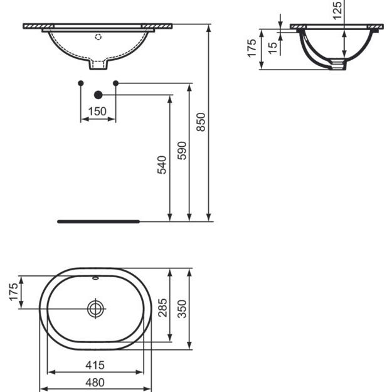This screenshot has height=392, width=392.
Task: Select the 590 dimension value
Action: pos(182,151)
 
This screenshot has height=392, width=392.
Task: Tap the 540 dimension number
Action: pos(162,164)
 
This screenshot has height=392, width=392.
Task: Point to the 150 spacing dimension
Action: pos(97,112)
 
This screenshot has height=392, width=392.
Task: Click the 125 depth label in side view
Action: pos(337,11)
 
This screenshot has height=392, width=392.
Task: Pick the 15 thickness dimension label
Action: pos(272,48)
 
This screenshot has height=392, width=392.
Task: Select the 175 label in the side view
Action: pos(252,48)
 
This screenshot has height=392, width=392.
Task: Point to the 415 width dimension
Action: pos(95,364)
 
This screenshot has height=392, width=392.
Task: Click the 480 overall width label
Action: pos(95,382)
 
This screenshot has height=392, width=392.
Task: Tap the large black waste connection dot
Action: pos(97,95)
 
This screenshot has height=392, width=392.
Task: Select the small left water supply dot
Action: pos(80,83)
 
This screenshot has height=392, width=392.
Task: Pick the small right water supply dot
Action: pos(115,83)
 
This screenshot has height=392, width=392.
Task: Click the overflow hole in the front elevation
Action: pos(97,36)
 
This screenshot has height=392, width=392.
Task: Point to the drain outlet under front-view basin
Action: pos(97,65)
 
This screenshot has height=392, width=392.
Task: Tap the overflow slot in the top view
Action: pos(95,277)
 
